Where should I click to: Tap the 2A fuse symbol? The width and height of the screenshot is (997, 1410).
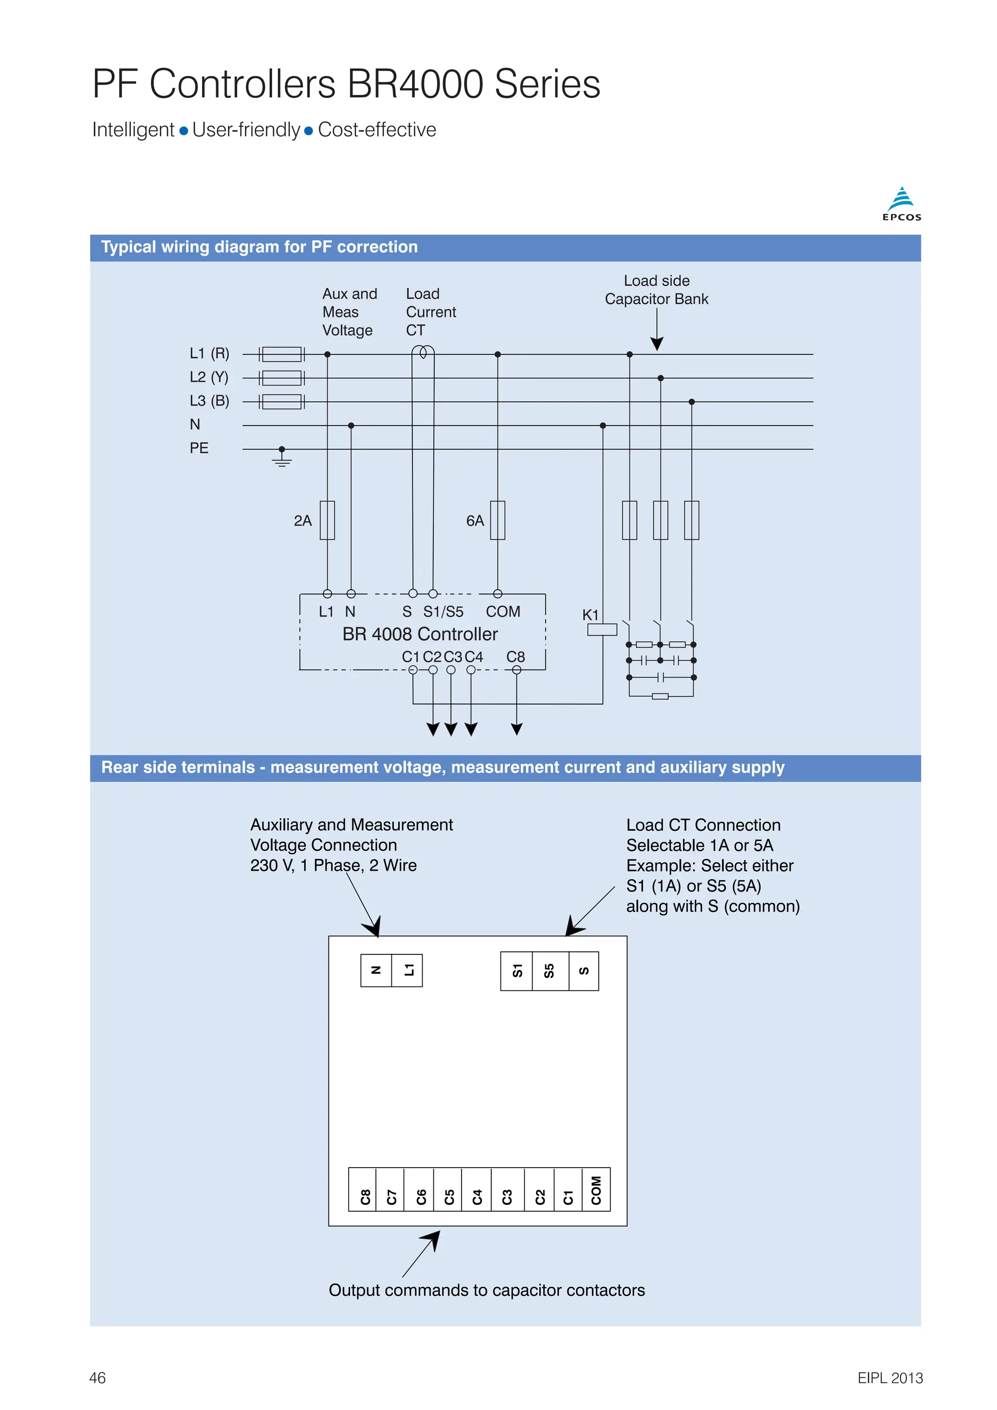coord(327,520)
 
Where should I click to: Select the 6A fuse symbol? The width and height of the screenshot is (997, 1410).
coord(497,520)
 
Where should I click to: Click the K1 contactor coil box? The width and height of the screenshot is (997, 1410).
coord(602,630)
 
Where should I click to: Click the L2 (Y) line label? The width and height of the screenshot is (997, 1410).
coord(209,377)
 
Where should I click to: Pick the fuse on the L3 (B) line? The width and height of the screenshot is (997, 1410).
coord(282,402)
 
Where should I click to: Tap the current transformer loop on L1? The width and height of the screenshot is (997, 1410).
coord(423,352)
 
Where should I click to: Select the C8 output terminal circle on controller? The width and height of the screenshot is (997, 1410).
coord(517,670)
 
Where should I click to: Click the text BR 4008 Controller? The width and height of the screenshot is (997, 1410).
coord(420,634)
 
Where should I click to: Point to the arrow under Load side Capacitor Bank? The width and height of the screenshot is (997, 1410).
coord(657,343)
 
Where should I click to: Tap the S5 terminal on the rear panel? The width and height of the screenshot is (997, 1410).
coord(550,971)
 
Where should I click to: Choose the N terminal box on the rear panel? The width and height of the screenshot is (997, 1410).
coord(376,970)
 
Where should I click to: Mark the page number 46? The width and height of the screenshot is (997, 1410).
coord(98,1377)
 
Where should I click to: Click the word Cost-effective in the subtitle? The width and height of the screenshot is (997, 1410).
coord(377,130)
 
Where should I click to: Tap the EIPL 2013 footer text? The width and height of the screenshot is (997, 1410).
coord(889,1377)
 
